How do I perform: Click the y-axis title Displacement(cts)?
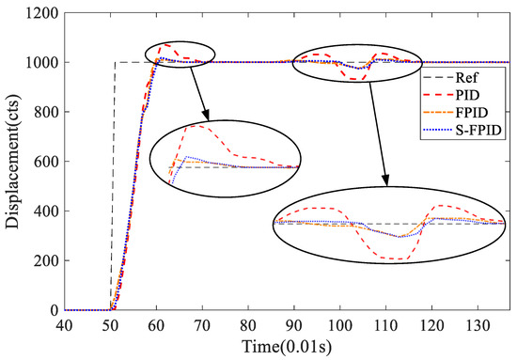[12, 155]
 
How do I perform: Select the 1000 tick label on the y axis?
[39, 63]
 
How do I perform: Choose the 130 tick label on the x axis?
[481, 324]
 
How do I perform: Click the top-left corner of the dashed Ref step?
[115, 63]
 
